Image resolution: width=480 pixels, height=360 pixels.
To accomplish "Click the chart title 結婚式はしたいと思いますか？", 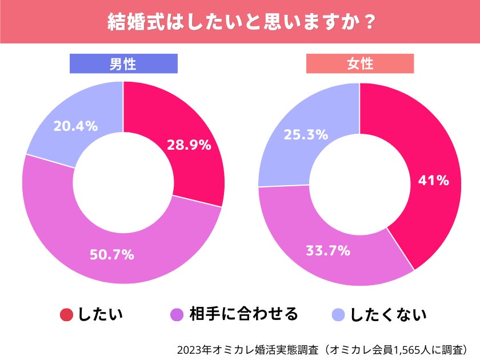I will (240, 22).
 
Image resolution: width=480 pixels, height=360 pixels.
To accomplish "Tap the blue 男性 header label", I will (123, 64).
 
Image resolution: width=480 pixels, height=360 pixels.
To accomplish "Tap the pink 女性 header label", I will (360, 64).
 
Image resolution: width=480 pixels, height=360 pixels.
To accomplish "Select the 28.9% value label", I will (189, 145).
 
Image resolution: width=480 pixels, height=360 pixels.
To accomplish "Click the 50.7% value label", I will (112, 255).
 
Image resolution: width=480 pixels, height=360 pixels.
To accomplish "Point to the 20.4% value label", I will (75, 126).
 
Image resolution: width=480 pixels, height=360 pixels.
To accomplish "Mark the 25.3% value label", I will (306, 135).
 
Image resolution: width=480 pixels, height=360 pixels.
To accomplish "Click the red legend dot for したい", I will (66, 315).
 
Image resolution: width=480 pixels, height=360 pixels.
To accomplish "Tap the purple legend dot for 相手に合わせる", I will (177, 315).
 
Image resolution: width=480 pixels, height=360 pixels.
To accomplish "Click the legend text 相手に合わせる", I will (244, 314).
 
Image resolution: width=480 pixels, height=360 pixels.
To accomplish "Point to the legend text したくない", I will (389, 315).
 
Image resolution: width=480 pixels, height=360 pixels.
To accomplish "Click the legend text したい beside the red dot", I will (101, 315).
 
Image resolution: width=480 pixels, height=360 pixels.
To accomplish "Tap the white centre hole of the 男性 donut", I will (123, 183).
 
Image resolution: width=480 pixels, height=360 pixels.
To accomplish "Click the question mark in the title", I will (369, 22).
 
